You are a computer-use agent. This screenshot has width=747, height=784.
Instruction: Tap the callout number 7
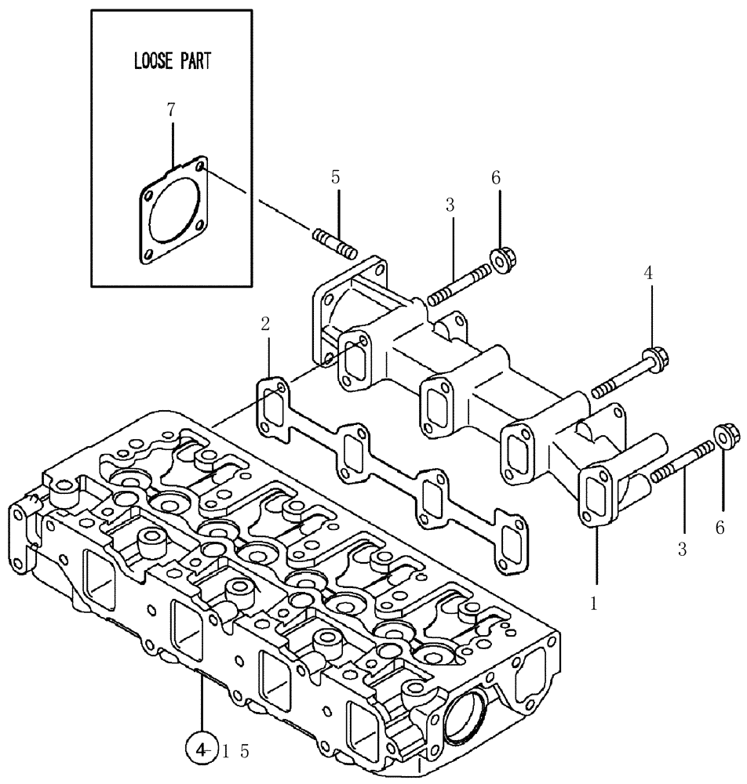(x=171, y=111)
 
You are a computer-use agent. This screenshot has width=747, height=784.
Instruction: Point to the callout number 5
(x=336, y=177)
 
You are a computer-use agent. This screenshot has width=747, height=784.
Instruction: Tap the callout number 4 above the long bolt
(x=648, y=273)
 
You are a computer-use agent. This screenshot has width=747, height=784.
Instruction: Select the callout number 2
(x=266, y=324)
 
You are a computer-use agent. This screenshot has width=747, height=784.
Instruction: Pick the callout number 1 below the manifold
(x=594, y=604)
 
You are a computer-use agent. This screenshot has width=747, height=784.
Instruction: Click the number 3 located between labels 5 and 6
(x=450, y=205)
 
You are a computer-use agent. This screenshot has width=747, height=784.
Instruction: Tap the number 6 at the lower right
(x=720, y=529)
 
